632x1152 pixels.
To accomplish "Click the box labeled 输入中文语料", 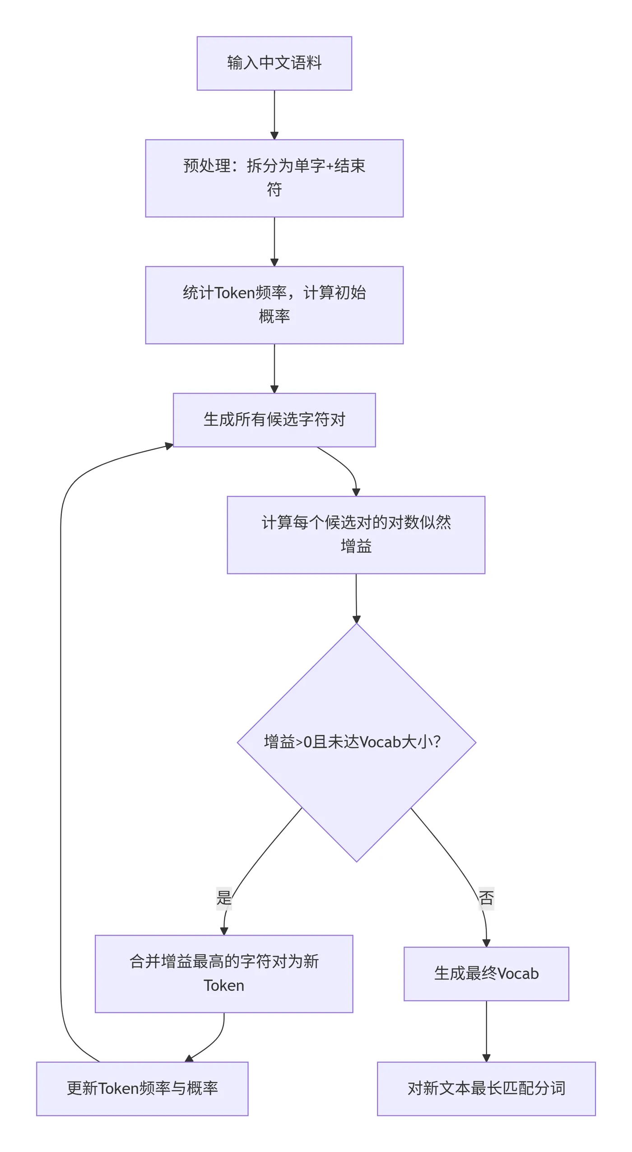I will coord(274,63).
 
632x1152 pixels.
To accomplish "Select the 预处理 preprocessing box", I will coord(274,178).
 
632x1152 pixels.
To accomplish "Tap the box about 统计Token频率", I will coord(274,305).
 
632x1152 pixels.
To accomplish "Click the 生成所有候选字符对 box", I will coord(274,420).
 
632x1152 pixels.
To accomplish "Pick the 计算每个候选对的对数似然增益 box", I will coord(356,535).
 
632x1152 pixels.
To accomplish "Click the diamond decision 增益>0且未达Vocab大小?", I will coord(356,768).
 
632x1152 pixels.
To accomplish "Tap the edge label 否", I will coord(486,897).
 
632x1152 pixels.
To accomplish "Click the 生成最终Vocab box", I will coord(486,974).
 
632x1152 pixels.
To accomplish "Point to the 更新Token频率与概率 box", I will coord(142,1088).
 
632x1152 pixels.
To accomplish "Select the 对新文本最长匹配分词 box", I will coord(486,1088).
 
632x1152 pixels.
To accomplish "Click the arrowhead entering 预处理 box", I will coord(274,135).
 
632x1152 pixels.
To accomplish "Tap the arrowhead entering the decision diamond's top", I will coord(357,619).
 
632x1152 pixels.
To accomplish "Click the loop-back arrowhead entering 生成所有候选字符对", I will coord(169,446).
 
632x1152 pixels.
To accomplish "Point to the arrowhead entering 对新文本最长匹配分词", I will coord(486,1058).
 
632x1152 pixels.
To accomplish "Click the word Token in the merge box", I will coord(224,985).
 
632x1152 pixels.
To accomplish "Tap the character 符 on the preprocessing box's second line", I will coord(274,189).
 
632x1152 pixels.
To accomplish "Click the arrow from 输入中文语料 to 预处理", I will coord(274,113).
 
